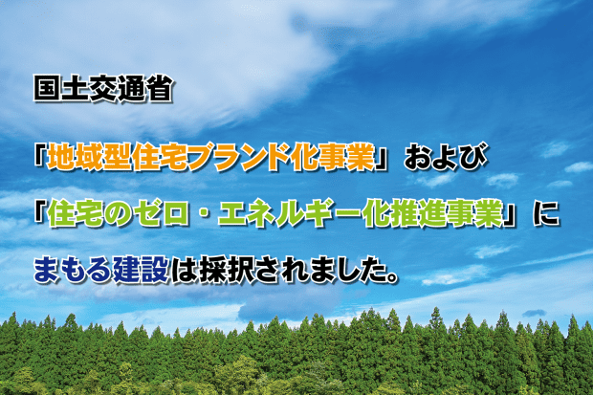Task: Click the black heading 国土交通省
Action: click(x=102, y=89)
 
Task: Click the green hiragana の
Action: click(x=117, y=214)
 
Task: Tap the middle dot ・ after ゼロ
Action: click(x=203, y=214)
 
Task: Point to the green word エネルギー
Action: click(x=288, y=214)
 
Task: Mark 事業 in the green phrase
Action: click(x=473, y=214)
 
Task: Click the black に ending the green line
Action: click(x=545, y=214)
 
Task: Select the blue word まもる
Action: click(x=73, y=270)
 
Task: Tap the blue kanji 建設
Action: click(x=141, y=270)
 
